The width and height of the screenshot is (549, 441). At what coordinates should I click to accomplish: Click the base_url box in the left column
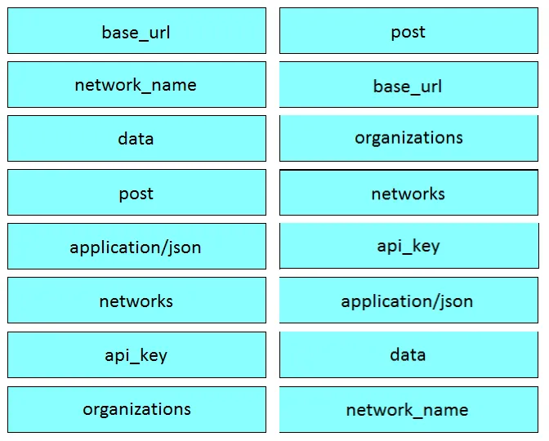[x=136, y=31]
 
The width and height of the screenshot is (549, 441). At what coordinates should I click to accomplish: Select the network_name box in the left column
[x=136, y=85]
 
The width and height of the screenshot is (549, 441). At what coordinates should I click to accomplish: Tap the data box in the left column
[x=136, y=139]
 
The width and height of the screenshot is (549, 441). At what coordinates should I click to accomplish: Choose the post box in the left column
[x=136, y=193]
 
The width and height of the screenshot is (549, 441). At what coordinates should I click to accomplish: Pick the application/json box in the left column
[x=136, y=247]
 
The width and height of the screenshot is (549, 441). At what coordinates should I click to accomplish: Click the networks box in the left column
[x=136, y=301]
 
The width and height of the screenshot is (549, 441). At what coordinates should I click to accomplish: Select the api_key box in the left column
[x=136, y=355]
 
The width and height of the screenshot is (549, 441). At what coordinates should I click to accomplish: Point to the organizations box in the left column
[x=136, y=409]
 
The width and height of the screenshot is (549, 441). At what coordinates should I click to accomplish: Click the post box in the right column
[x=408, y=31]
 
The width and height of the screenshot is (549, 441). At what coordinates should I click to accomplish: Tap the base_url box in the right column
[x=408, y=85]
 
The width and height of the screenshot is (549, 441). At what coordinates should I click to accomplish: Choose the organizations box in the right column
[x=408, y=139]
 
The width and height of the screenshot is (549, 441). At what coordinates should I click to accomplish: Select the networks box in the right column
[x=408, y=193]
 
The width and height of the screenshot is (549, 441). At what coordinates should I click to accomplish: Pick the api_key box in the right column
[x=409, y=246]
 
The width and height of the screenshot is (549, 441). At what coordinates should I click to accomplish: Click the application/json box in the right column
[x=408, y=301]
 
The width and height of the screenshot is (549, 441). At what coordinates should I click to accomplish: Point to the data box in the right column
[x=408, y=355]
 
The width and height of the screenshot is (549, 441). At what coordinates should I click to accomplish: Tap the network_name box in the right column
[x=408, y=409]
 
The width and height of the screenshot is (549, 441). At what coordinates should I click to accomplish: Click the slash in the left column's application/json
[x=164, y=247]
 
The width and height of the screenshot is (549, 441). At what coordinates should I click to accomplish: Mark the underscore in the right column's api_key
[x=407, y=253]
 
